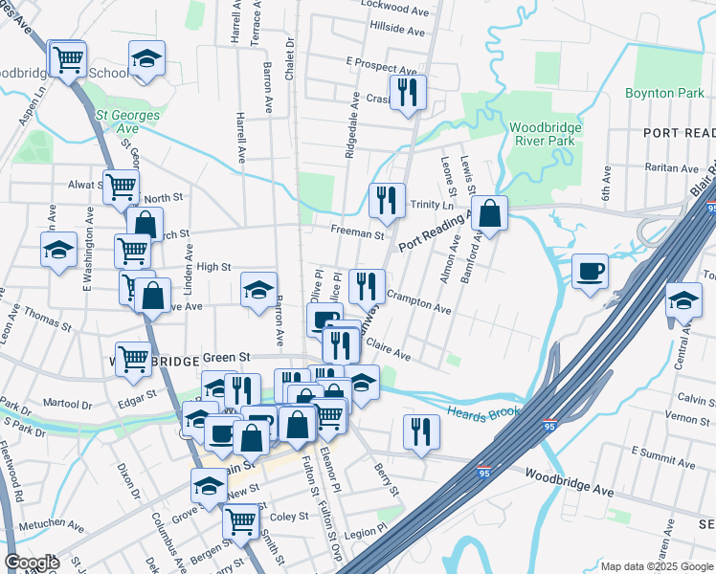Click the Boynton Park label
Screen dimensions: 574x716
[665, 93]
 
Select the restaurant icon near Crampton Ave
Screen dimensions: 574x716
[368, 285]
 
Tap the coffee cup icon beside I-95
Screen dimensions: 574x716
[590, 271]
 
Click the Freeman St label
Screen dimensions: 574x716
[357, 233]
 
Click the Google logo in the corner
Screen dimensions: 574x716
[33, 563]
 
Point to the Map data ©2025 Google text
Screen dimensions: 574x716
[656, 566]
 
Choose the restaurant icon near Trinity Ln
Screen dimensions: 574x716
[387, 200]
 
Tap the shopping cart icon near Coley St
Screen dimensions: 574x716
[240, 521]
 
